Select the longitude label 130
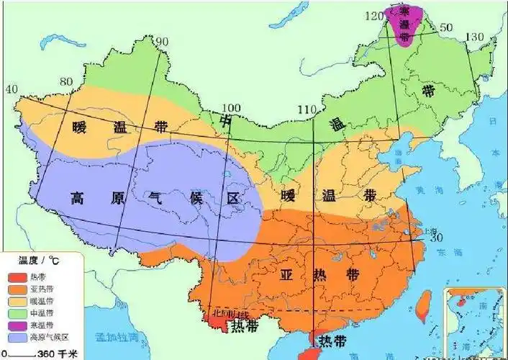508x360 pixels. (x=475, y=37)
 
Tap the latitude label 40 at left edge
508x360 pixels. (x=11, y=89)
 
